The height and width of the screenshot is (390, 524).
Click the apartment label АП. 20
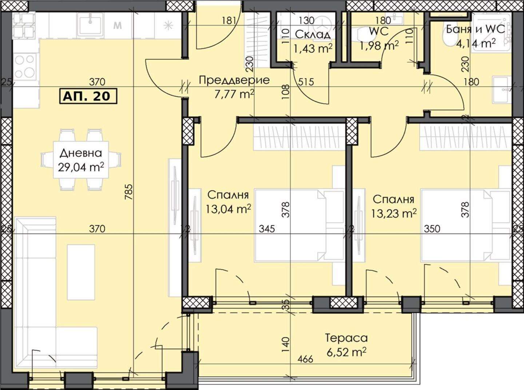[x=88, y=96]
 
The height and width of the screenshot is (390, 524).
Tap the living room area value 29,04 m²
[x=81, y=168]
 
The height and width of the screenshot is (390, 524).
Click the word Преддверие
[x=234, y=80]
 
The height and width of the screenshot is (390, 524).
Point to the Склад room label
[x=313, y=35]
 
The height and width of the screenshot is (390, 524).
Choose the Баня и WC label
[x=475, y=30]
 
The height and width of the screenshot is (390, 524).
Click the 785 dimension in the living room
[x=130, y=192]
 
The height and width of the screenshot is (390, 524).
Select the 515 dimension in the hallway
[x=306, y=82]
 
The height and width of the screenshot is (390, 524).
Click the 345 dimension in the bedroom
[x=267, y=229]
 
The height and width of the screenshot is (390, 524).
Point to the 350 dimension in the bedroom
[x=432, y=229]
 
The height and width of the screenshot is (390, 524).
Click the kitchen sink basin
[x=90, y=24]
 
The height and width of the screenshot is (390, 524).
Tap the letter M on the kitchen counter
[x=118, y=25]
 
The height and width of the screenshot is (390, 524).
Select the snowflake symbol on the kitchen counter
[x=168, y=25]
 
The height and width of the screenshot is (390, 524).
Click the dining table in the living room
[x=81, y=160]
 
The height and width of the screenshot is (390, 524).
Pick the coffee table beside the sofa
[x=81, y=272]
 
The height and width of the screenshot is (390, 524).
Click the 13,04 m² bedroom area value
[x=228, y=209]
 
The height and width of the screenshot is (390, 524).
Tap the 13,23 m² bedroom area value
[x=394, y=214]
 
